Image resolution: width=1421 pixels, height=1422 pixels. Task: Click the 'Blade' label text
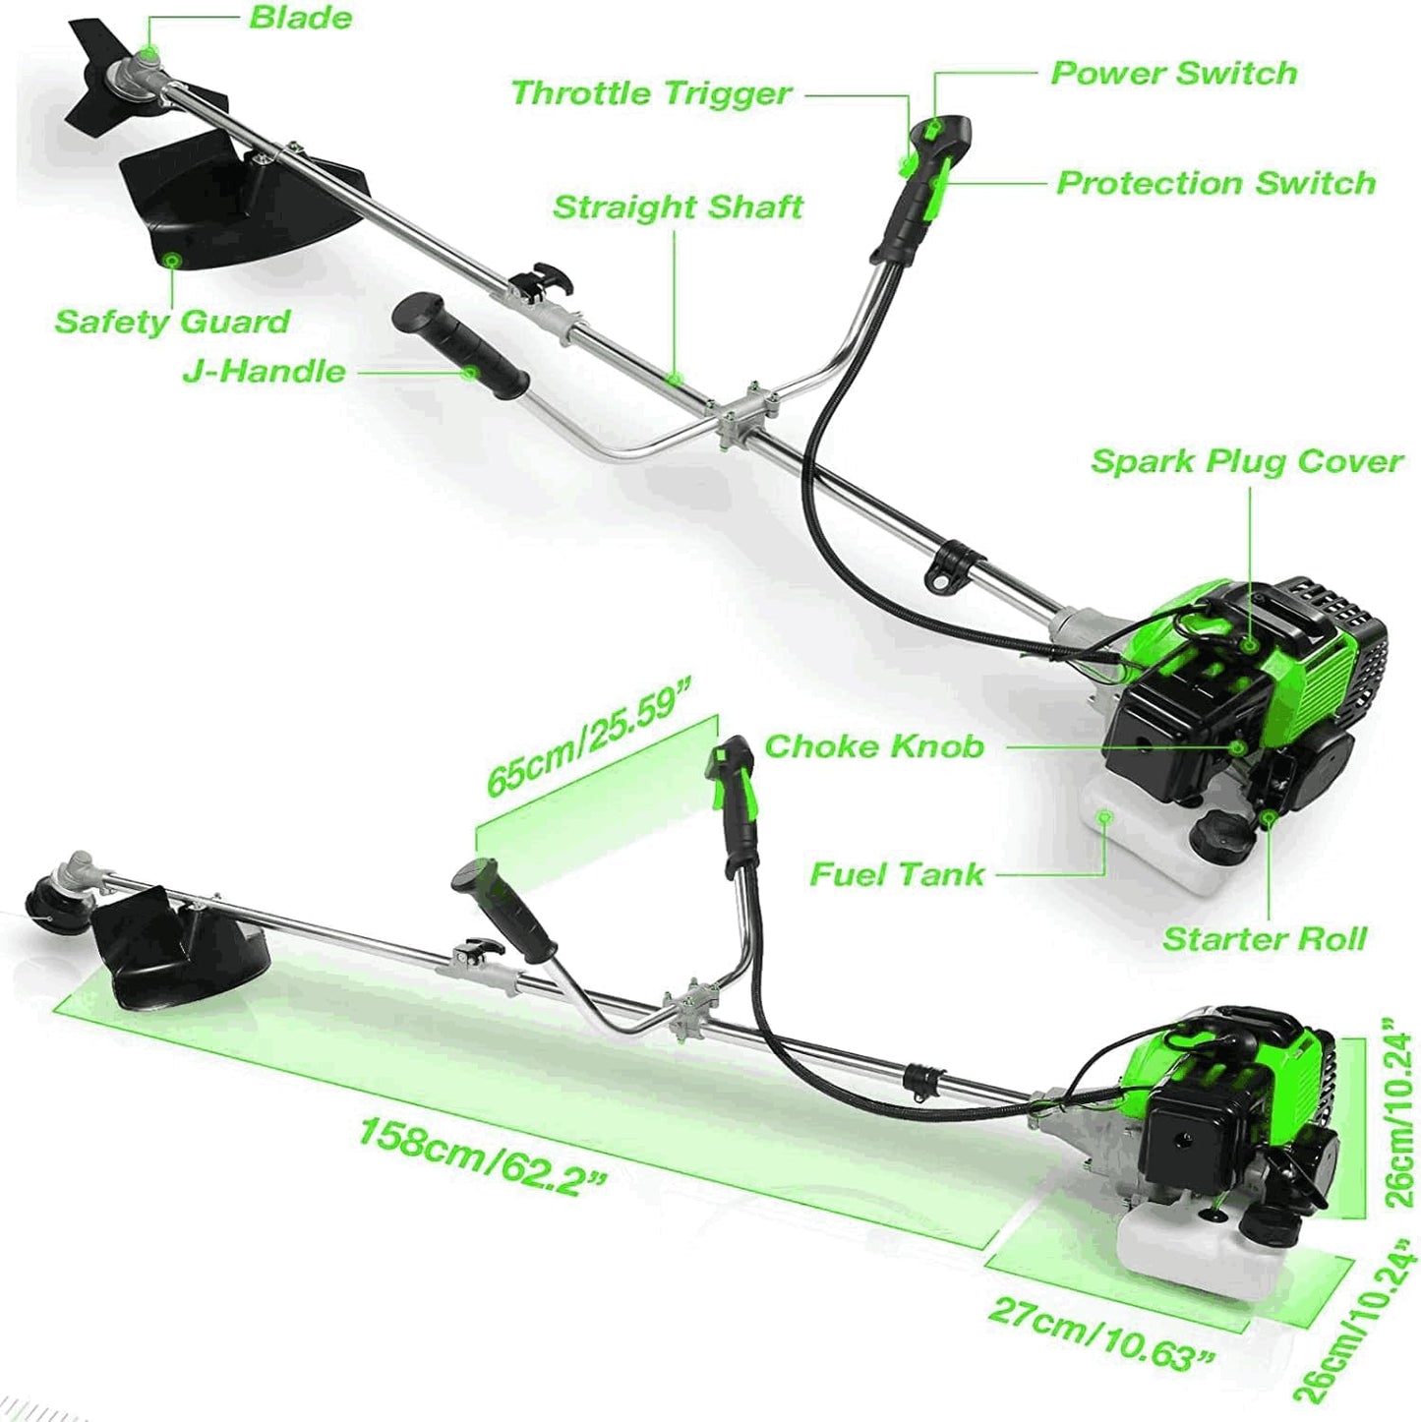[x=300, y=18]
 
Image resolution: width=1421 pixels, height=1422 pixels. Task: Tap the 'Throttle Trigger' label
[x=651, y=93]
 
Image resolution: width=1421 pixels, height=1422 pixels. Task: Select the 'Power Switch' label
[x=1173, y=73]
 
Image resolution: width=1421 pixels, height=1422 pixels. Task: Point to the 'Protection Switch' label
[x=1215, y=183]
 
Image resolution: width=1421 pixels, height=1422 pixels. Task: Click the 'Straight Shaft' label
[x=678, y=207]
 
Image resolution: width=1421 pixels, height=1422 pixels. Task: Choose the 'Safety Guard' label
[x=172, y=322]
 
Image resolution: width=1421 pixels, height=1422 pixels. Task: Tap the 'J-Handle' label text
[x=264, y=372]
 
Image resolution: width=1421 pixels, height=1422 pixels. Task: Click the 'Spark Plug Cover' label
[x=1246, y=461]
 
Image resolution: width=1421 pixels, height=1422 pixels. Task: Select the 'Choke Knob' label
[x=873, y=746]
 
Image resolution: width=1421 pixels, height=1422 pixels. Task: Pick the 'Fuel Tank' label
[x=896, y=874]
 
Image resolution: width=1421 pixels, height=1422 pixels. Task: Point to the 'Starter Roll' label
[x=1265, y=939]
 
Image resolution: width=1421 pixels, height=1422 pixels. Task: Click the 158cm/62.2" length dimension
[x=482, y=1154]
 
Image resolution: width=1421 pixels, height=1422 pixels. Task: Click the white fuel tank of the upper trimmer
[x=1131, y=836]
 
